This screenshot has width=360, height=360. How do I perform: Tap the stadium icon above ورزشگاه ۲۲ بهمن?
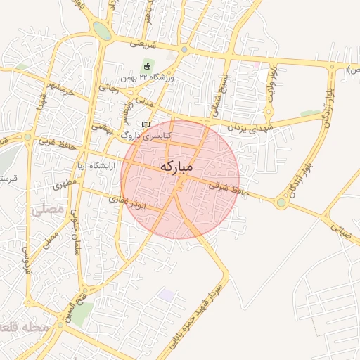click(146, 66)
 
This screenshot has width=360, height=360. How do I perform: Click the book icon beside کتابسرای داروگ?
click(146, 124)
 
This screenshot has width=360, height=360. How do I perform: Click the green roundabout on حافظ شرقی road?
click(281, 203)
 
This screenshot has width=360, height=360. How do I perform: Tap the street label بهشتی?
click(103, 127)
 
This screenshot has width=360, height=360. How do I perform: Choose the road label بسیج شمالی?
click(218, 97)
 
